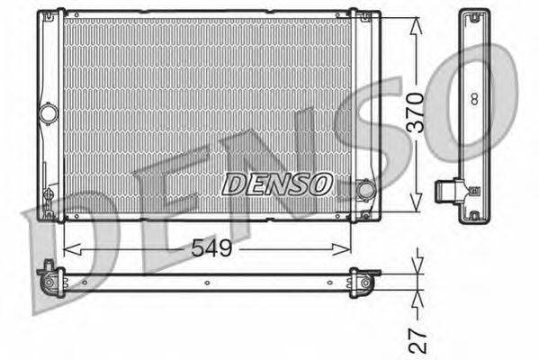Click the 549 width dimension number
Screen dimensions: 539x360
(x=211, y=247)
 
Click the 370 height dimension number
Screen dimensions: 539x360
(x=415, y=112)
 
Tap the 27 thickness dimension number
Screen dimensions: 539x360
(x=418, y=340)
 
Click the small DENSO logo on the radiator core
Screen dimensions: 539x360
(x=278, y=184)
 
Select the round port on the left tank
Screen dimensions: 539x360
(x=48, y=113)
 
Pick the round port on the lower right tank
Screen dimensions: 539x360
(x=365, y=190)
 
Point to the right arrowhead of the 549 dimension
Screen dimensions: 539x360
(x=342, y=249)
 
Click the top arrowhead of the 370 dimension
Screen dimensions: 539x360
(x=416, y=26)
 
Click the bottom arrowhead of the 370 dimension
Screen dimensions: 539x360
(x=416, y=202)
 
